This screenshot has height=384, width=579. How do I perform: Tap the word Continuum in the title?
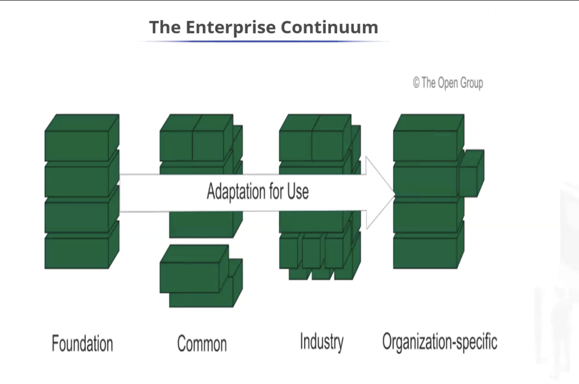coord(329,27)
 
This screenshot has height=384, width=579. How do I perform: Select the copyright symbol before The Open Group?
coord(416,83)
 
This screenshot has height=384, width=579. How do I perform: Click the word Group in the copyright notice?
coord(471,83)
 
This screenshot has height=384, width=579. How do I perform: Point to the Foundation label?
coord(82,343)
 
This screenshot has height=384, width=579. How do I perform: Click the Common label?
coord(202,344)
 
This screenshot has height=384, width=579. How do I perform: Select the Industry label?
coord(322,342)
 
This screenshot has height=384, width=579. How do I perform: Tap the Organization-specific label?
coord(440,342)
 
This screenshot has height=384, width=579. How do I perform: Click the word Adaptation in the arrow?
coord(236,191)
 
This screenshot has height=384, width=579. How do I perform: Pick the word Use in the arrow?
coord(298,191)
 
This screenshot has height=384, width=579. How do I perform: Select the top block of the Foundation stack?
coord(77,145)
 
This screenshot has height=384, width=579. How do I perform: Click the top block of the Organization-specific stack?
coord(425,145)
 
